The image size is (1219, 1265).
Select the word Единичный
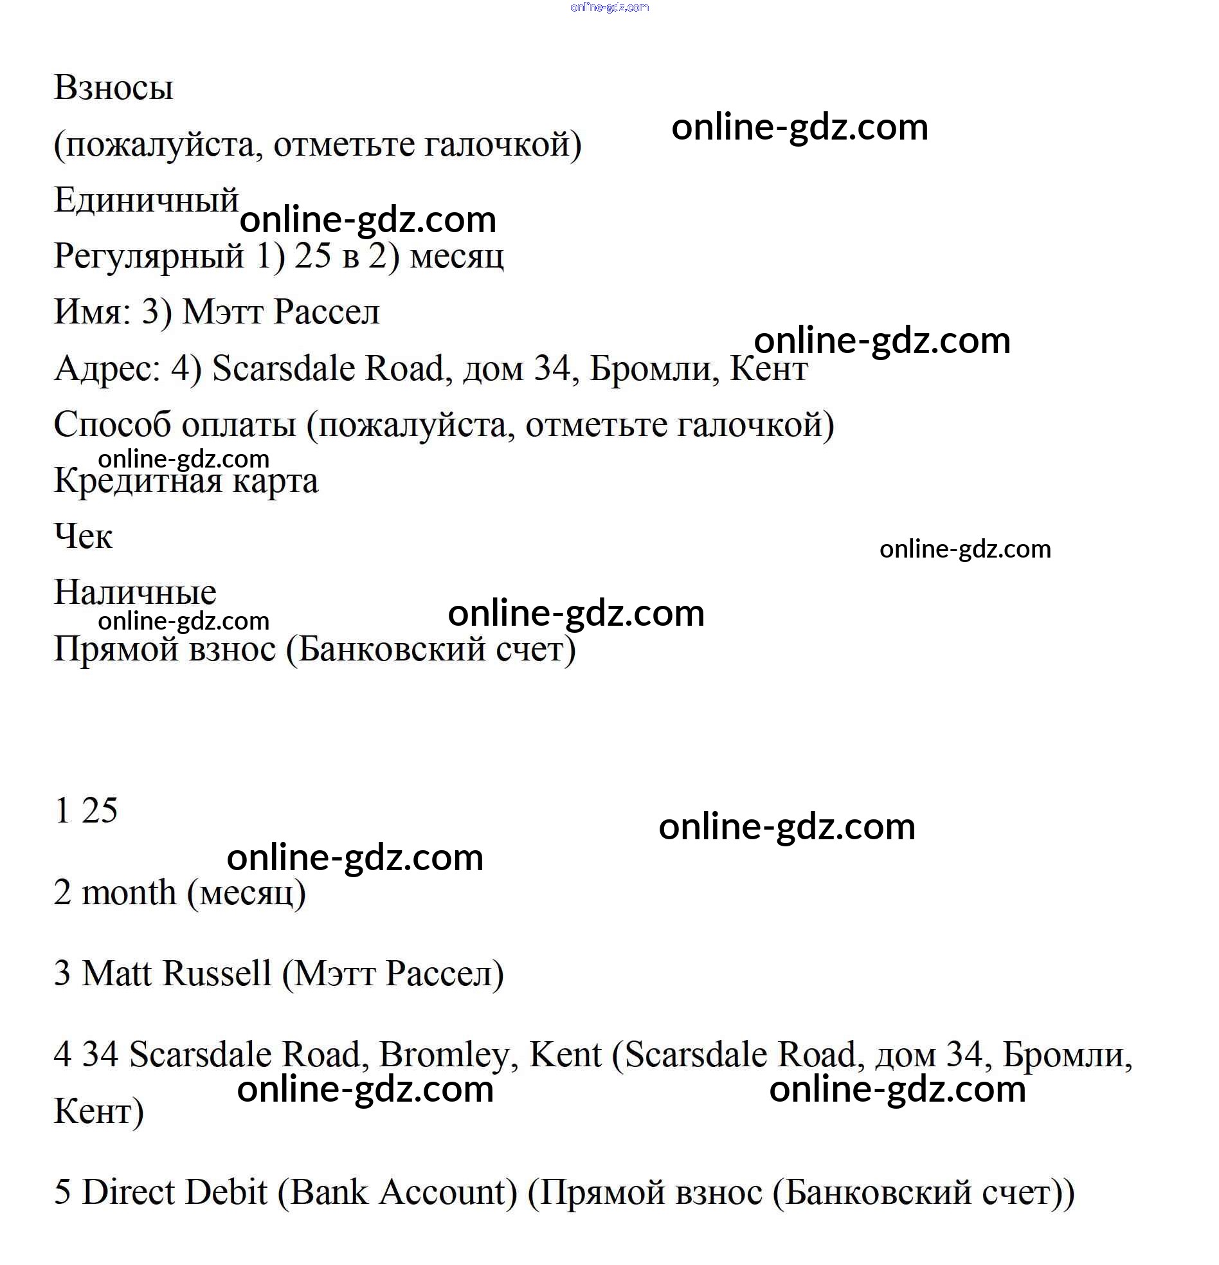[x=147, y=200]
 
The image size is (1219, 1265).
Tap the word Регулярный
[x=149, y=256]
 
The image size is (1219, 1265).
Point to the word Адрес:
[x=107, y=369]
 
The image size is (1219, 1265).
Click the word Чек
[x=83, y=537]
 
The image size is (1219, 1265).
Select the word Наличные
[x=135, y=592]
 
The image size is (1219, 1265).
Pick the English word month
[x=129, y=893]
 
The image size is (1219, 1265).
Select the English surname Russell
[x=217, y=974]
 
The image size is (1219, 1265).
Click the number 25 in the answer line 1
[x=100, y=811]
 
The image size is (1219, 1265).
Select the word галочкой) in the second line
[x=502, y=144]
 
